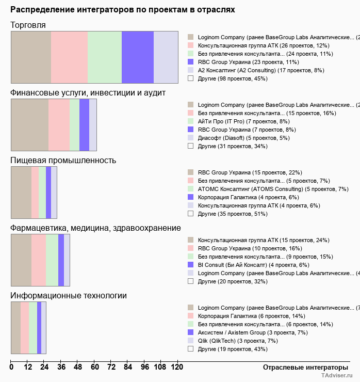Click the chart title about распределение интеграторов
click(x=123, y=10)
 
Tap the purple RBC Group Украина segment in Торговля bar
click(x=138, y=57)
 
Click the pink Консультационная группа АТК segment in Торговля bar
click(x=69, y=57)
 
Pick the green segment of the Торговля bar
click(x=105, y=57)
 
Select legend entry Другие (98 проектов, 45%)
click(x=233, y=78)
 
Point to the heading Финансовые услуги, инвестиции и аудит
click(x=88, y=93)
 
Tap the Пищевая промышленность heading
click(x=63, y=161)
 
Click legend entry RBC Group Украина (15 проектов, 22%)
click(x=250, y=172)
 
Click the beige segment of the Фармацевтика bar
click(x=21, y=260)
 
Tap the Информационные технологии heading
click(x=69, y=296)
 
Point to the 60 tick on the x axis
click(x=94, y=367)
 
